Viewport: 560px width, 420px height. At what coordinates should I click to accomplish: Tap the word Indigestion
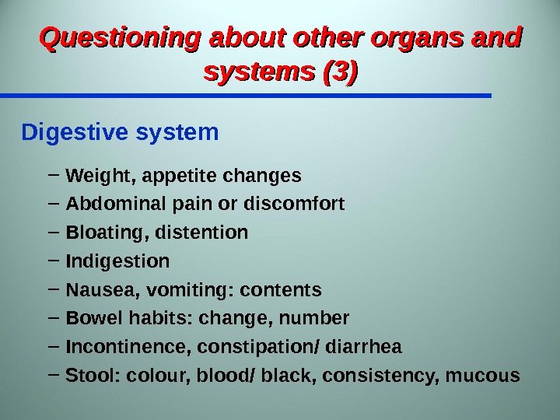pyautogui.click(x=117, y=261)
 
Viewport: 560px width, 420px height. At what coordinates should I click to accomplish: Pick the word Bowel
pyautogui.click(x=90, y=319)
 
